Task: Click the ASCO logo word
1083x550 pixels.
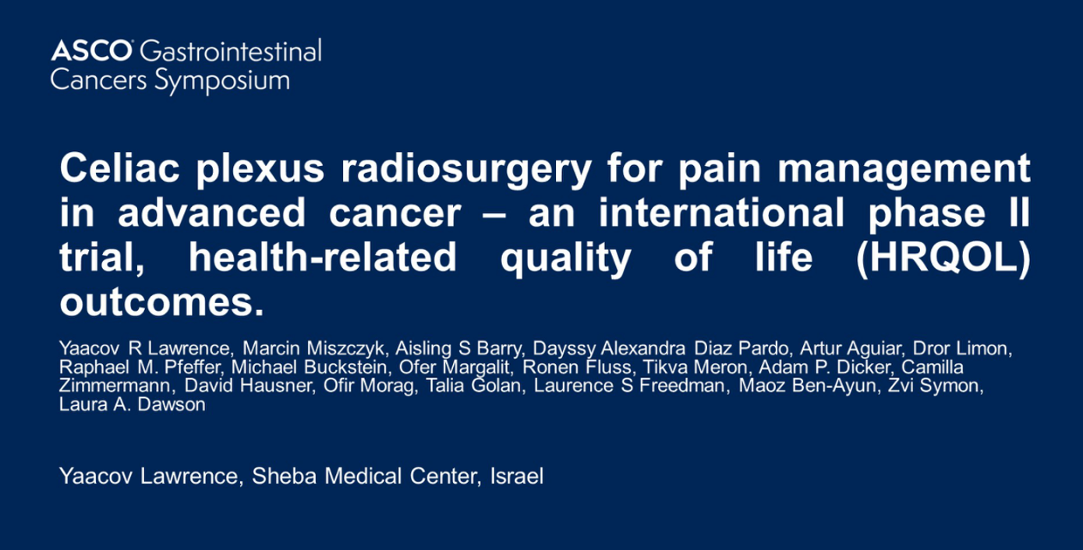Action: [x=91, y=50]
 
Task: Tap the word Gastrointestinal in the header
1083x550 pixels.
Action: [x=231, y=50]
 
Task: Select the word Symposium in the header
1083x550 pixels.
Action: [x=222, y=81]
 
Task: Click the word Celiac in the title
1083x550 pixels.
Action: [x=119, y=168]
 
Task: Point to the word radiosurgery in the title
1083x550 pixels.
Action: [x=466, y=170]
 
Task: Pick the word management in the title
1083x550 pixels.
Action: [x=904, y=170]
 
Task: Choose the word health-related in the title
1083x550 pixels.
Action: [x=323, y=257]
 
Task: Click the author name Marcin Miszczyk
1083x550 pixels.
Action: [x=313, y=348]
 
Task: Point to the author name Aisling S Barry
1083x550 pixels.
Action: [x=458, y=348]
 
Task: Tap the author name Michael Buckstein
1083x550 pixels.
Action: [x=309, y=367]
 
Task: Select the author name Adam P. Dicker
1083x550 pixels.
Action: [x=824, y=367]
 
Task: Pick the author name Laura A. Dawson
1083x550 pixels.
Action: [x=132, y=404]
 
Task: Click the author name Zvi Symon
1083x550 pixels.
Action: [x=933, y=386]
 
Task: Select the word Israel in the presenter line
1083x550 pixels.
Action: [x=517, y=476]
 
